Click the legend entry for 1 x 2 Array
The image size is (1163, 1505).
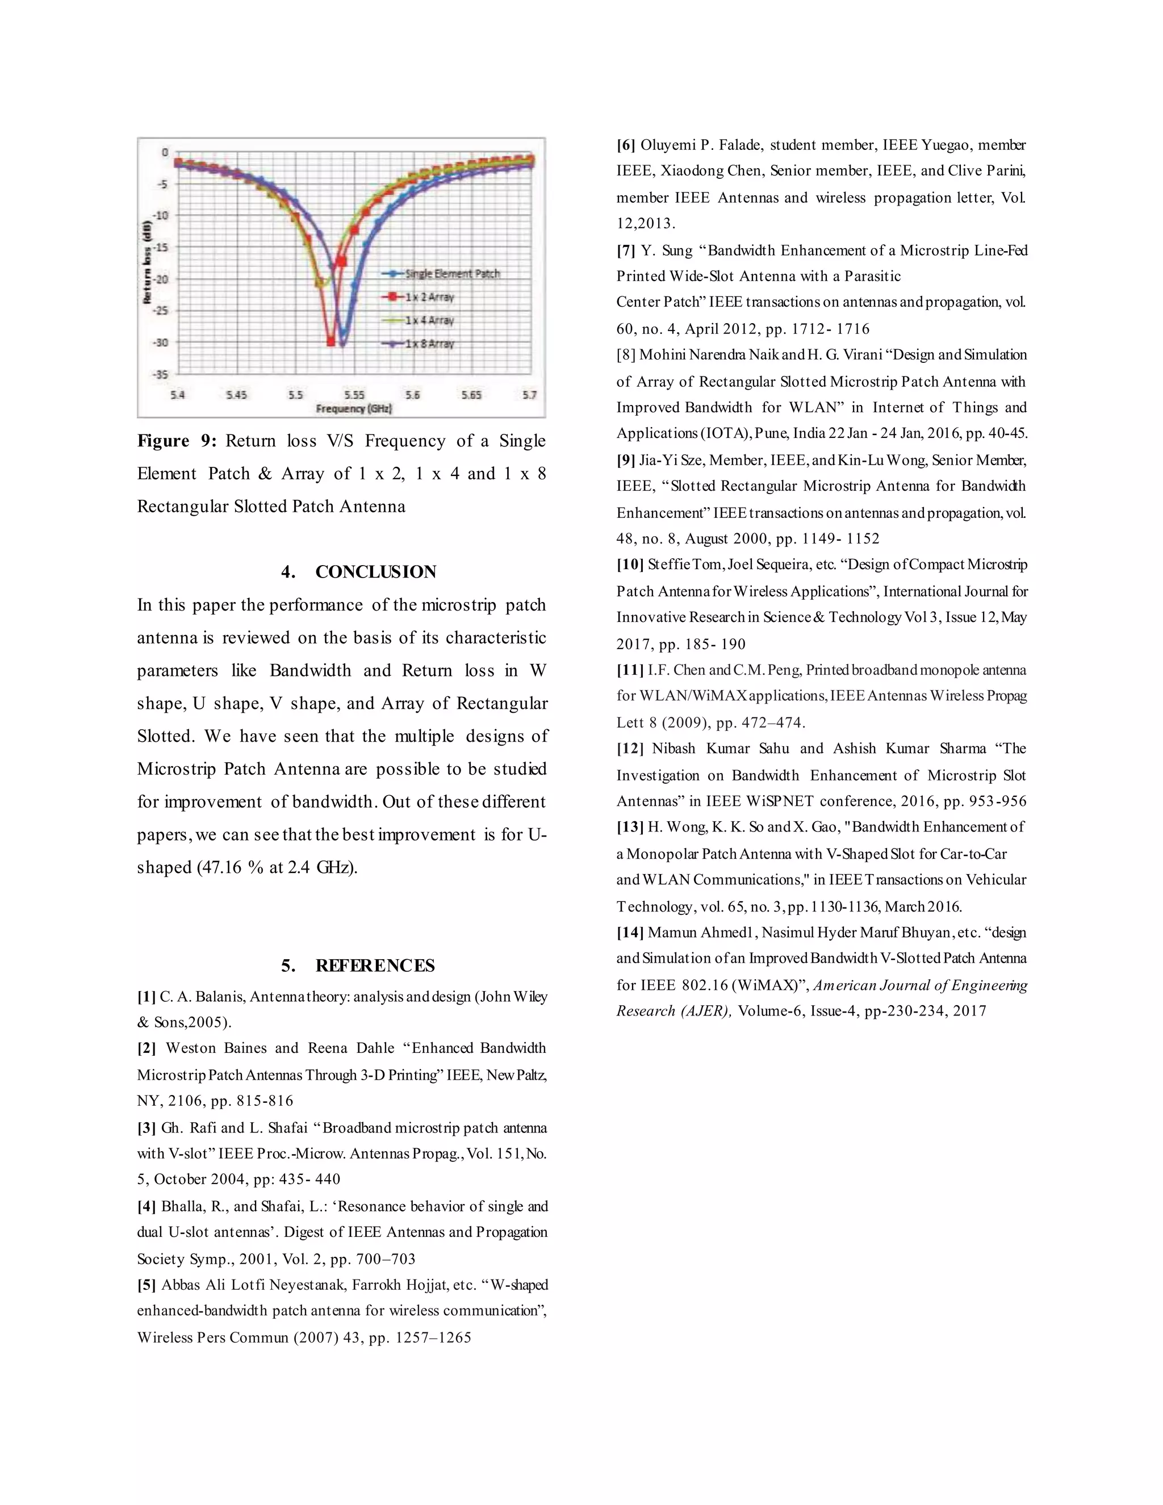pos(429,297)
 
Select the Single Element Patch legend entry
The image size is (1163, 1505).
pos(451,274)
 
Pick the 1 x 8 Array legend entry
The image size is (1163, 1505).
pos(429,344)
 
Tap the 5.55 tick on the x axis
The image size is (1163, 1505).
pos(354,395)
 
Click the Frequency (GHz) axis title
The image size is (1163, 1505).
pos(353,409)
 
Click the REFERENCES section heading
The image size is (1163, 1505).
pos(375,965)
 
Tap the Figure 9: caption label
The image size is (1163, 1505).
pos(177,441)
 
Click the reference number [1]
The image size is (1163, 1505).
pos(146,997)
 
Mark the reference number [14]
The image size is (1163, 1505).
pos(630,933)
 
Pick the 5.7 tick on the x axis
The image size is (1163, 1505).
pos(529,395)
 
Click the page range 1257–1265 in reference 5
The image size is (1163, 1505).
pos(433,1337)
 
